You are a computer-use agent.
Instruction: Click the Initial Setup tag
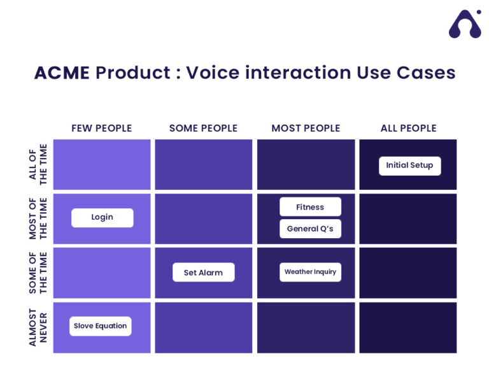409,166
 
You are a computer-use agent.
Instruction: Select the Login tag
102,217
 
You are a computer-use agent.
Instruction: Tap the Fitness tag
310,207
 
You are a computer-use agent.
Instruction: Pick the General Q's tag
310,229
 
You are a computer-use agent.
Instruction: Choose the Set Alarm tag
203,273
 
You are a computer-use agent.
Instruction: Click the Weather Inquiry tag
310,272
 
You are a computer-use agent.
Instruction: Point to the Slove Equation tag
100,326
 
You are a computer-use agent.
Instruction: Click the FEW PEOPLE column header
102,128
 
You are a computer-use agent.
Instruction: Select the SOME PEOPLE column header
203,128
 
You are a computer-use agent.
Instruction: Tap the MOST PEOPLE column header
306,128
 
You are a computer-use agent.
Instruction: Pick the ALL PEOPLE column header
408,128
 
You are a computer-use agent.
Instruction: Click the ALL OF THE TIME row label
38,164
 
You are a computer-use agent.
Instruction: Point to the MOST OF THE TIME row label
38,218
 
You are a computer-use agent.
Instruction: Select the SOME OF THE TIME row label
38,273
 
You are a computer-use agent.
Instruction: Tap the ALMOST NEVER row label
38,327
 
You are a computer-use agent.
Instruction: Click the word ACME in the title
62,73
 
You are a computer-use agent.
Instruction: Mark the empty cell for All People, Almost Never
408,327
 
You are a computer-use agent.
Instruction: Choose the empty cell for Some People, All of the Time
203,164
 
